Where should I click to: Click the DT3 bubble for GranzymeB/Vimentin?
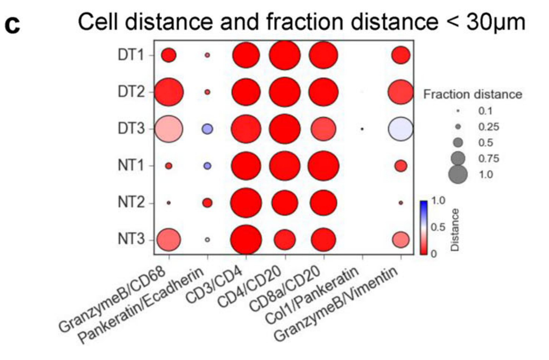[401, 129]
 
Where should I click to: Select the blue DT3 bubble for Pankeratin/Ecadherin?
[207, 129]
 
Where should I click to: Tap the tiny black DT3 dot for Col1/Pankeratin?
[362, 129]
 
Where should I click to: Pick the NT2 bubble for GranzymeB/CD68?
[169, 203]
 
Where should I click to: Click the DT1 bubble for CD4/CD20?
[285, 55]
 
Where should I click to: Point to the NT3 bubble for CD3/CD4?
[246, 239]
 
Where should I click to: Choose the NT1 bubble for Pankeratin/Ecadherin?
[207, 166]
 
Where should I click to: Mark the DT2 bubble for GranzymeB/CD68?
[169, 92]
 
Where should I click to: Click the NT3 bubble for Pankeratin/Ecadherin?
[207, 239]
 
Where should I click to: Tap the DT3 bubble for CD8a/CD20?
[323, 129]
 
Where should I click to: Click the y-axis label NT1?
[131, 166]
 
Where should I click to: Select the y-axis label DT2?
[131, 92]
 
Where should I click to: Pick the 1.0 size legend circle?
[458, 175]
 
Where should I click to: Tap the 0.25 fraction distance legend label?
[489, 127]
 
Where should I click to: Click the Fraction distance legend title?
[473, 95]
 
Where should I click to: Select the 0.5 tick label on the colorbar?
[438, 227]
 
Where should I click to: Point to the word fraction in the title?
[305, 22]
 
